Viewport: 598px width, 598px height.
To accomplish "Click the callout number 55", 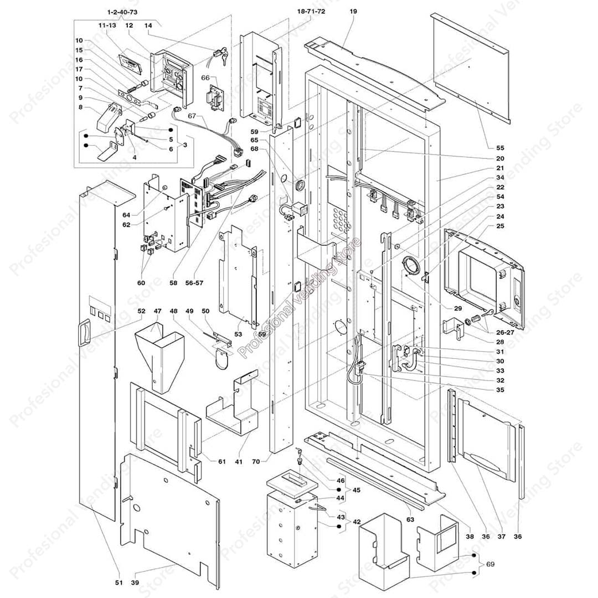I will [499, 148].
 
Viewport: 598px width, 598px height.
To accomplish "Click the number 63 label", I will [410, 519].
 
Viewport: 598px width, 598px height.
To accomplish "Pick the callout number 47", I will [157, 311].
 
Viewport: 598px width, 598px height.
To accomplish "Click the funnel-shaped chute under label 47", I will [158, 357].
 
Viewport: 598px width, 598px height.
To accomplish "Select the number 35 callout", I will [499, 390].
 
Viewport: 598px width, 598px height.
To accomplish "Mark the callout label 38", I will [470, 536].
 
